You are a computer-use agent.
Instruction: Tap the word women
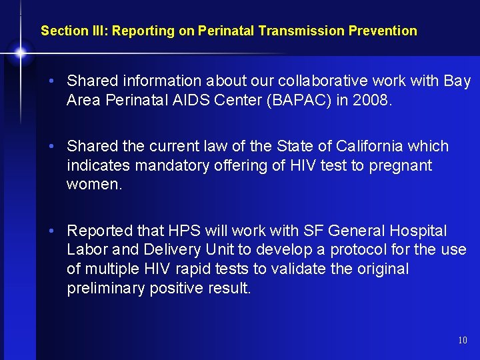95,185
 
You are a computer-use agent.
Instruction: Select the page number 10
463,341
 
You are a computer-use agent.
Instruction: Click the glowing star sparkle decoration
21,52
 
